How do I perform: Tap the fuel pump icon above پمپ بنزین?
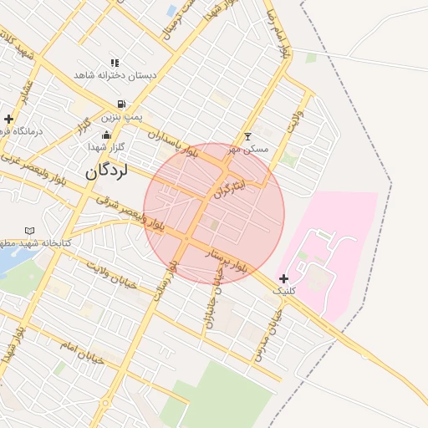[122, 104]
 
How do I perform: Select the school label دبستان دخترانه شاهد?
[115, 75]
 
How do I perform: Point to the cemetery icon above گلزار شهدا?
[106, 135]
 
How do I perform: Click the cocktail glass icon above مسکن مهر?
[247, 136]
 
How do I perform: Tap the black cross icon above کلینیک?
[284, 278]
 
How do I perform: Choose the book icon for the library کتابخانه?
[30, 230]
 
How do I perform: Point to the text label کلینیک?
[285, 291]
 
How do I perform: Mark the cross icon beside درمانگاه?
[8, 120]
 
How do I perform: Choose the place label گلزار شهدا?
[106, 146]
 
